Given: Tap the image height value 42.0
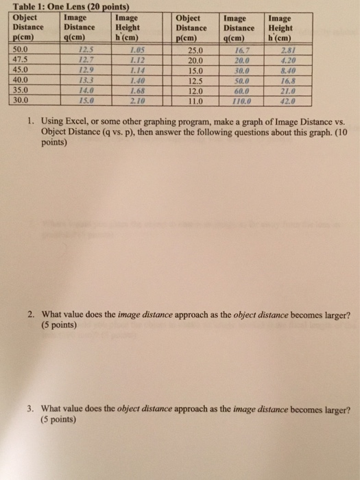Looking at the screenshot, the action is pyautogui.click(x=287, y=99).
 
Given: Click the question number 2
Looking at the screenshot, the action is pyautogui.click(x=32, y=315).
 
